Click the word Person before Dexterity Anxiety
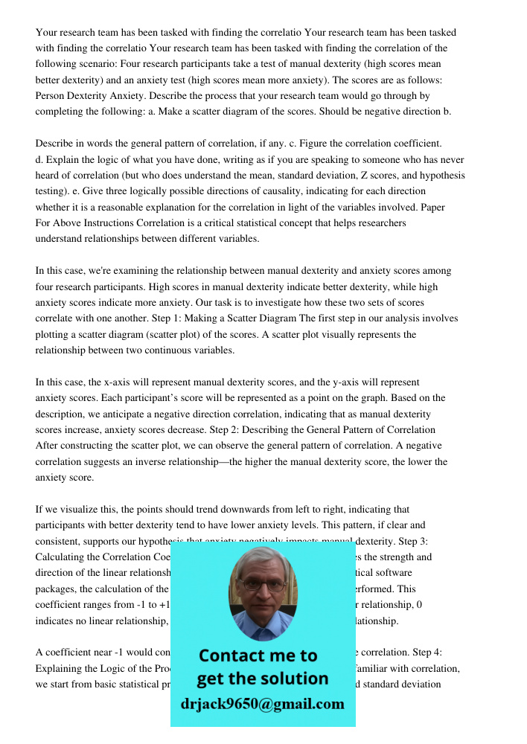click(x=51, y=95)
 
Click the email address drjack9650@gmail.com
click(x=262, y=704)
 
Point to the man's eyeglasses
click(x=261, y=585)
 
